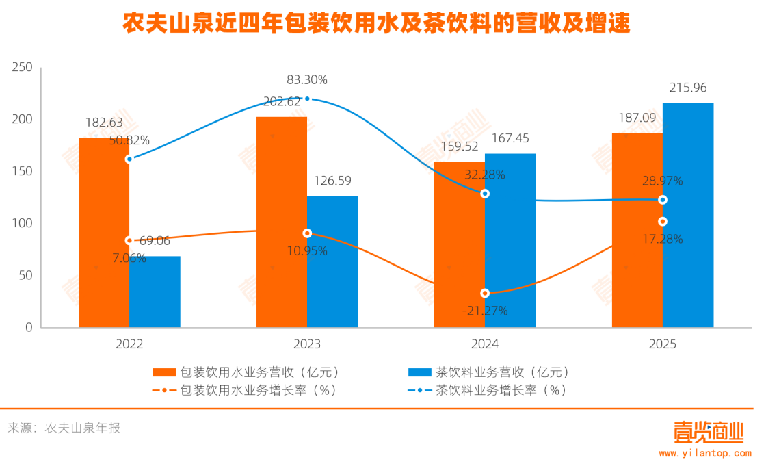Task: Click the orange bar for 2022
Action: click(x=104, y=233)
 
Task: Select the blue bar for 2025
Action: click(x=688, y=215)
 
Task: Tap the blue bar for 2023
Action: click(x=332, y=261)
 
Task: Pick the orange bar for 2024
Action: click(x=460, y=244)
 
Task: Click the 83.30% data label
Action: click(x=306, y=80)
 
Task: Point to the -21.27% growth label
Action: click(x=484, y=311)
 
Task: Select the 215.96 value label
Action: click(x=688, y=88)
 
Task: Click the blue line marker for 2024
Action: click(x=485, y=194)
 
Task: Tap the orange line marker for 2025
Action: click(x=662, y=222)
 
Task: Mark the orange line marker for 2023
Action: click(x=307, y=233)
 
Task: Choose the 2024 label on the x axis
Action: click(x=484, y=344)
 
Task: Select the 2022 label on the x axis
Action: click(x=129, y=344)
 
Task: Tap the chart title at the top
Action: click(x=375, y=24)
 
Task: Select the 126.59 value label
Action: click(x=332, y=181)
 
